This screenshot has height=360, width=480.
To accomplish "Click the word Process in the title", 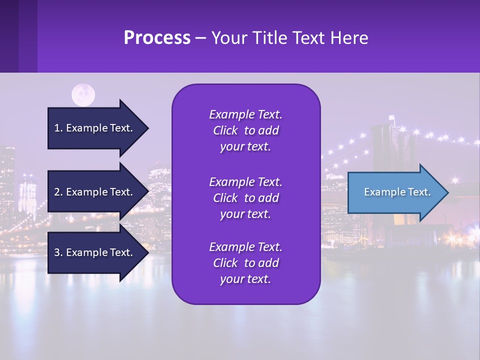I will point(157,38).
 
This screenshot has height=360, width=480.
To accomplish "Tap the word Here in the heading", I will point(349,38).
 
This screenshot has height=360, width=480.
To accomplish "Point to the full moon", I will point(83,95).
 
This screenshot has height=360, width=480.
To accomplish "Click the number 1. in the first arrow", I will point(58,128).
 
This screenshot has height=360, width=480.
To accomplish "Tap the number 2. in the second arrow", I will point(58,192).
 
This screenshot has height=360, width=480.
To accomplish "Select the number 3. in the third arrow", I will point(58,252).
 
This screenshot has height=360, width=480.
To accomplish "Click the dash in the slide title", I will point(200,38).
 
